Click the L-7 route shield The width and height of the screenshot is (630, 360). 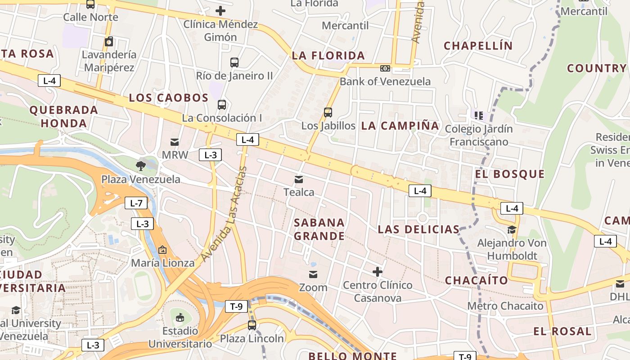(x=136, y=203)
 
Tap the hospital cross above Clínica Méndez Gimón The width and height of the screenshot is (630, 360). (x=220, y=10)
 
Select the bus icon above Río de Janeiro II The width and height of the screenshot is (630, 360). (x=234, y=62)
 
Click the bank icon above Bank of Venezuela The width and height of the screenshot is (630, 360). (x=385, y=68)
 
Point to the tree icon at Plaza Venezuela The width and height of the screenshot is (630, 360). (x=141, y=166)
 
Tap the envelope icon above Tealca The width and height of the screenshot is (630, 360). (x=298, y=180)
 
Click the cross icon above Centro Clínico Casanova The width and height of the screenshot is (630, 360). (x=378, y=272)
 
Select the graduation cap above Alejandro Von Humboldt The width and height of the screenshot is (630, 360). (x=512, y=230)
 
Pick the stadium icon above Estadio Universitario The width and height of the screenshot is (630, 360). (x=180, y=318)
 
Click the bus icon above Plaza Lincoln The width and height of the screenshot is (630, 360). (x=252, y=325)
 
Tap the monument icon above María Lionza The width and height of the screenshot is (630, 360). (x=162, y=249)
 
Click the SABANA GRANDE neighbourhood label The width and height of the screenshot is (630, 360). (x=319, y=229)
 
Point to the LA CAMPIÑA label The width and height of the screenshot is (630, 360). (x=400, y=126)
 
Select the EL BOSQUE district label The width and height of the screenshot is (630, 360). (x=510, y=174)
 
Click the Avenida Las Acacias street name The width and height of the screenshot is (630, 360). (x=224, y=214)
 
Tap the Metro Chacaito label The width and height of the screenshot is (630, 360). (x=505, y=306)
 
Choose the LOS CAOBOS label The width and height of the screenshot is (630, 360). (x=169, y=98)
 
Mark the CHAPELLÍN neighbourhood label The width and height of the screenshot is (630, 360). (x=478, y=45)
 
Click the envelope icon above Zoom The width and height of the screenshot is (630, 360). (x=313, y=274)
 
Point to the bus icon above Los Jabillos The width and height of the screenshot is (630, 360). (x=328, y=112)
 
